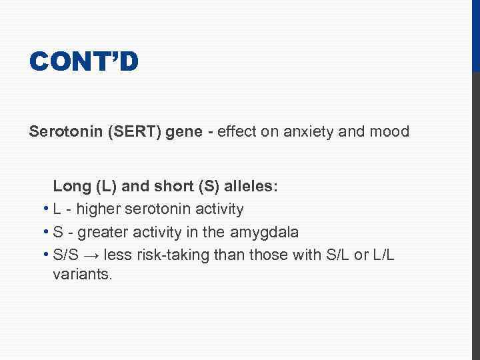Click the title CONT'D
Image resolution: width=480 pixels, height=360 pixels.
(x=84, y=62)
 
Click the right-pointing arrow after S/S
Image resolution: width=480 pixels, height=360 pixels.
(x=95, y=254)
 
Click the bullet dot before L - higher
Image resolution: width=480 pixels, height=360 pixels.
(x=44, y=209)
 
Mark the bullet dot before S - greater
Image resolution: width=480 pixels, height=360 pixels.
(x=44, y=232)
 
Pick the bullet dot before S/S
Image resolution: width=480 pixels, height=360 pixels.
(x=44, y=254)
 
